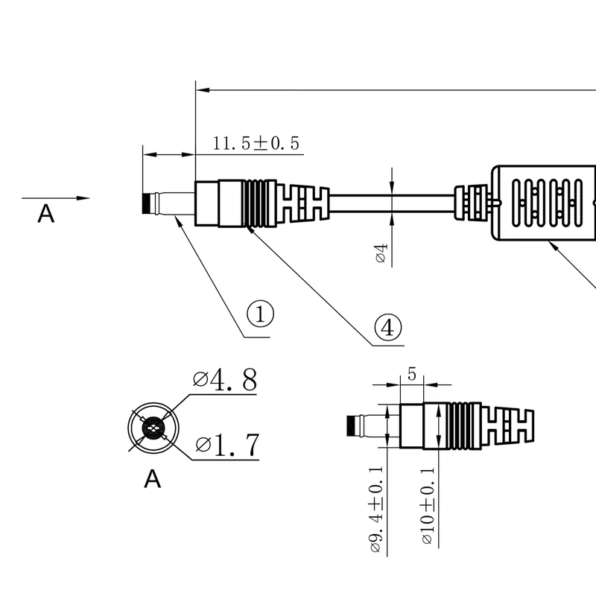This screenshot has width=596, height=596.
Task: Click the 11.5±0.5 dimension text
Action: tap(256, 143)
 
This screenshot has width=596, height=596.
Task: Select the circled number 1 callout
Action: tap(260, 314)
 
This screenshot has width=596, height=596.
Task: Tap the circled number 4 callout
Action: tap(387, 328)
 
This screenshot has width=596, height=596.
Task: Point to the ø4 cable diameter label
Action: tap(381, 253)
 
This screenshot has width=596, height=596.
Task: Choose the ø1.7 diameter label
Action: tap(228, 445)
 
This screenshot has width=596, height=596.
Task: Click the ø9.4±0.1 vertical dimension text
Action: tap(376, 510)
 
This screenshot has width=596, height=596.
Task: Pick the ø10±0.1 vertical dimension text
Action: tap(427, 506)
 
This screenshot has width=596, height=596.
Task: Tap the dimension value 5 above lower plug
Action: tap(412, 375)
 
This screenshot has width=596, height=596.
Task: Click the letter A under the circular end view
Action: tap(153, 478)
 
